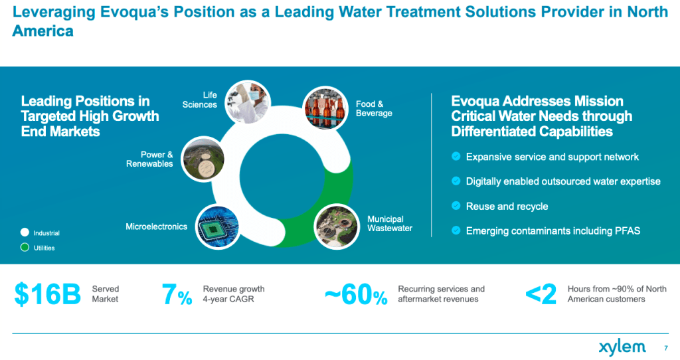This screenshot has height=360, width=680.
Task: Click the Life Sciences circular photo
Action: coord(247,102)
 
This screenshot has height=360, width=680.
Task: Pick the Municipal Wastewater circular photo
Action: coord(337,226)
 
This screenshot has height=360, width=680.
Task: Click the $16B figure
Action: coord(47,295)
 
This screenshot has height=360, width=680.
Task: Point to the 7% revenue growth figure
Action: coord(177,295)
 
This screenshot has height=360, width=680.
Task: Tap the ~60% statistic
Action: coord(355,295)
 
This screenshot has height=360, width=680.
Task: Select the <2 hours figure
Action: coord(541,295)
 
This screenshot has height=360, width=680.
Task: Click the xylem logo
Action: coord(622,347)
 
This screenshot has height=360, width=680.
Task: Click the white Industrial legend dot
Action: coord(25,233)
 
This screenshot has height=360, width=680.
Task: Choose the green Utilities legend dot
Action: coord(25,248)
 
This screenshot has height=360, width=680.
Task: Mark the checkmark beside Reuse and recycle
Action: coord(456,206)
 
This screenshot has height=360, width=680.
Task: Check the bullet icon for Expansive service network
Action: coord(456,157)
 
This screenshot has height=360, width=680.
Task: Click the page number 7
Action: coord(665,347)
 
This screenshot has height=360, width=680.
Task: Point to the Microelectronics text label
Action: coord(156,226)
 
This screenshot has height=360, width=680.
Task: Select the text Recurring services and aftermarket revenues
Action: coord(441,294)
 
